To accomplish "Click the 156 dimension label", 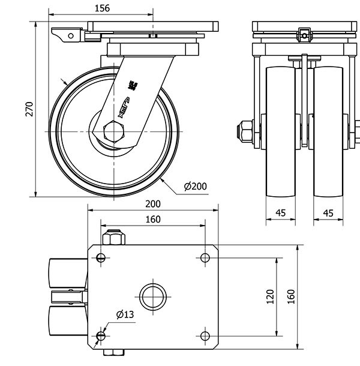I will pyautogui.click(x=101, y=8).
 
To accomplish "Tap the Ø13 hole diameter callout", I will pyautogui.click(x=124, y=314).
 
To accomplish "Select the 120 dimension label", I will pyautogui.click(x=270, y=296).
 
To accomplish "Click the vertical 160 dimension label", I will pyautogui.click(x=290, y=296).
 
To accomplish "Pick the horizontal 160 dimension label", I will pyautogui.click(x=152, y=220).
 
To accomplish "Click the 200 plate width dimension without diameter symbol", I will pyautogui.click(x=152, y=204).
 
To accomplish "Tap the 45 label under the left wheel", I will pyautogui.click(x=280, y=213).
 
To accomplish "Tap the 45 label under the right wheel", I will pyautogui.click(x=328, y=213).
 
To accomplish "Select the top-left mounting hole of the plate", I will pyautogui.click(x=101, y=259).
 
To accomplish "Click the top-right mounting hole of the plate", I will pyautogui.click(x=205, y=258).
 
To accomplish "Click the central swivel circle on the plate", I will pyautogui.click(x=152, y=296).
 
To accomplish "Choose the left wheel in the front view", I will pyautogui.click(x=280, y=132).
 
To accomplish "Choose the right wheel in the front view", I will pyautogui.click(x=328, y=132).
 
